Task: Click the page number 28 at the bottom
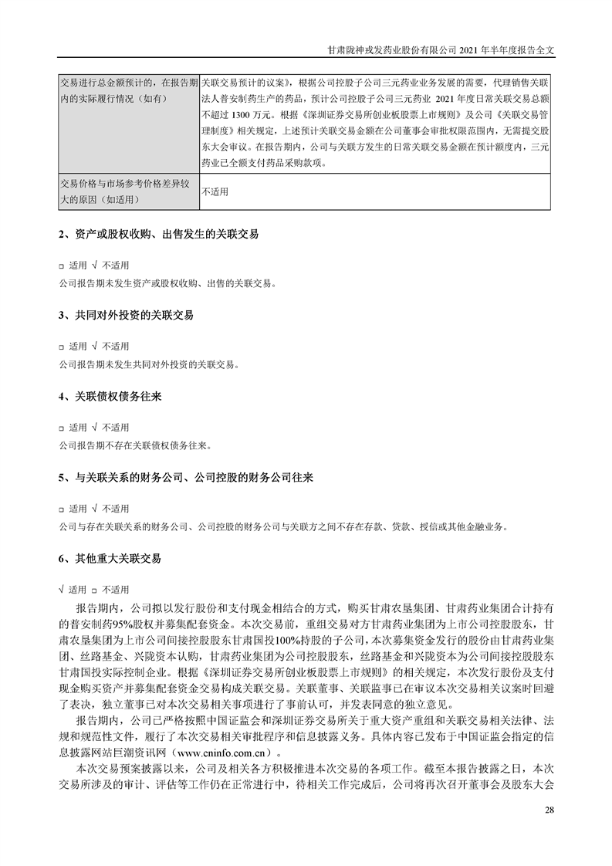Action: [x=549, y=810]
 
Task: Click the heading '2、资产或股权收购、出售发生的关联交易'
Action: [x=159, y=232]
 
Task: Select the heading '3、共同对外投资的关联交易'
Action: [x=127, y=316]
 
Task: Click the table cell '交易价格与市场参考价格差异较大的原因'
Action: [x=128, y=191]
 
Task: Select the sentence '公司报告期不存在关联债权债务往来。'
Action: [x=134, y=445]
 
